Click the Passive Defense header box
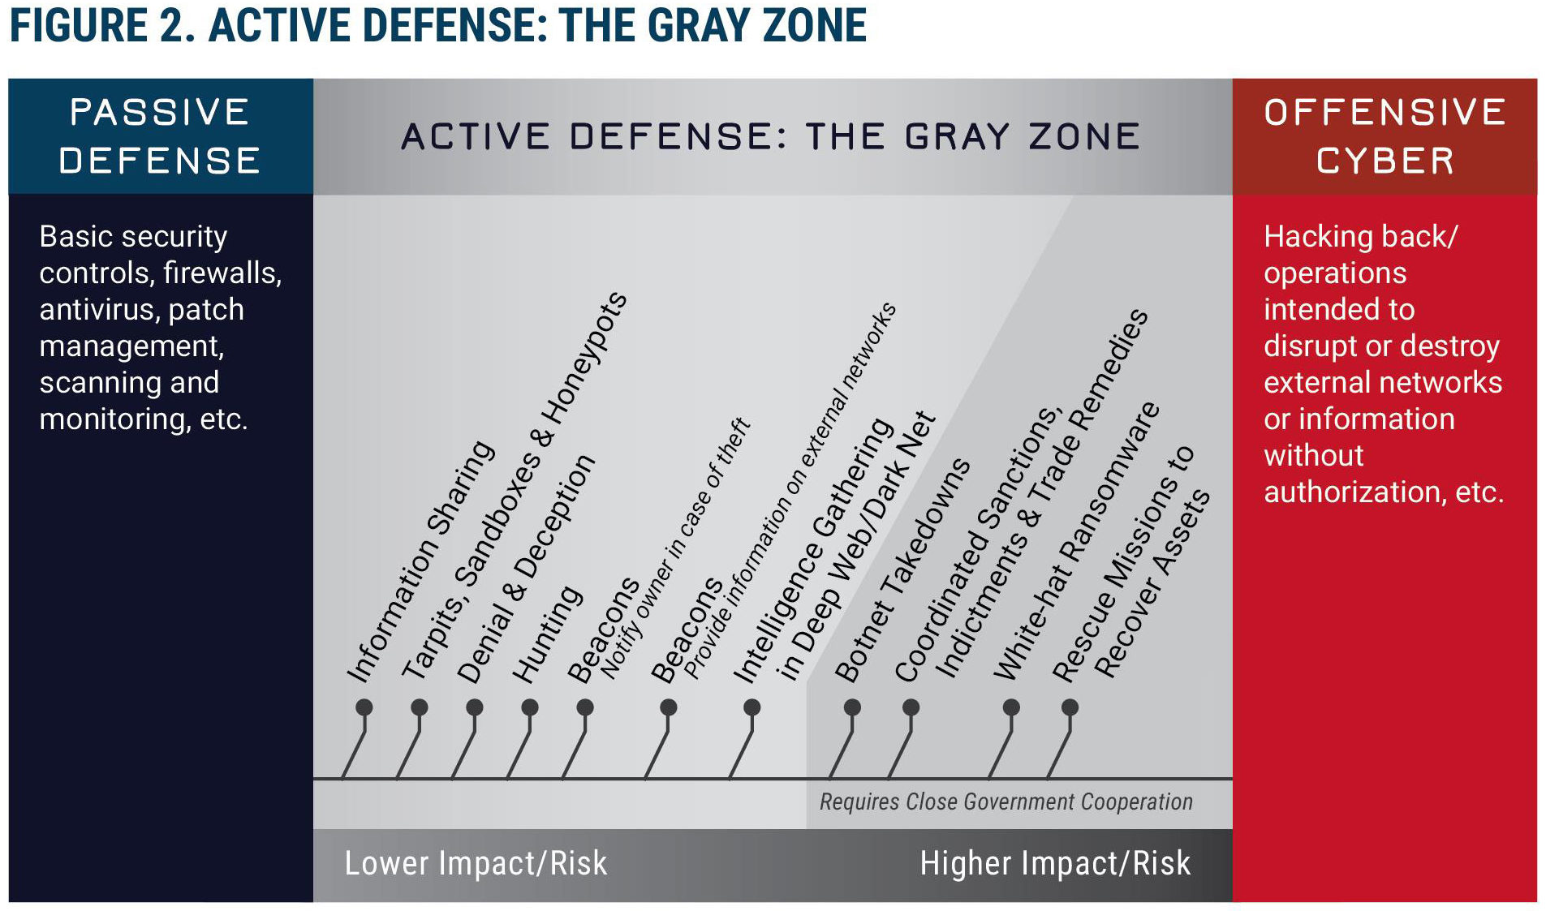coord(161,136)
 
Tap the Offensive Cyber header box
coord(1385,136)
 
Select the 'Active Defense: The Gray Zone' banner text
coord(771,136)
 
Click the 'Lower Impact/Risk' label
coord(476,863)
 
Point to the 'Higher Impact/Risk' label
coord(1055,863)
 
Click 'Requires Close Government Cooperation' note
coord(1006,801)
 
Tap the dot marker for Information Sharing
coord(364,707)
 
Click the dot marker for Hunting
coord(530,707)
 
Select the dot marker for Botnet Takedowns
coord(852,707)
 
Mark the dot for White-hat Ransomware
coord(1011,707)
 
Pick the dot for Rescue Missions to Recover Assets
coord(1070,707)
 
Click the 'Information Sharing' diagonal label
coord(420,561)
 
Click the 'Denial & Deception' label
coord(526,569)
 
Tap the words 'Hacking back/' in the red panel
coord(1361,236)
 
